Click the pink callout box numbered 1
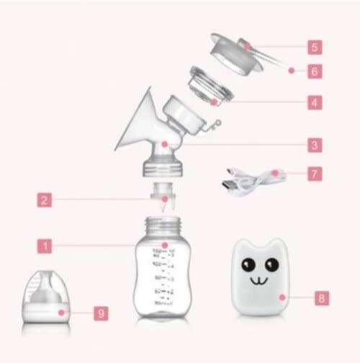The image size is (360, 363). [45, 245]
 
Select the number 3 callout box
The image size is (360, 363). [315, 145]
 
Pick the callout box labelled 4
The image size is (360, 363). [315, 102]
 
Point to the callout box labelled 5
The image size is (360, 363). [315, 48]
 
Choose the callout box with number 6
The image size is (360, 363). [315, 71]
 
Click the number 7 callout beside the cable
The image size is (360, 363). [315, 174]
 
